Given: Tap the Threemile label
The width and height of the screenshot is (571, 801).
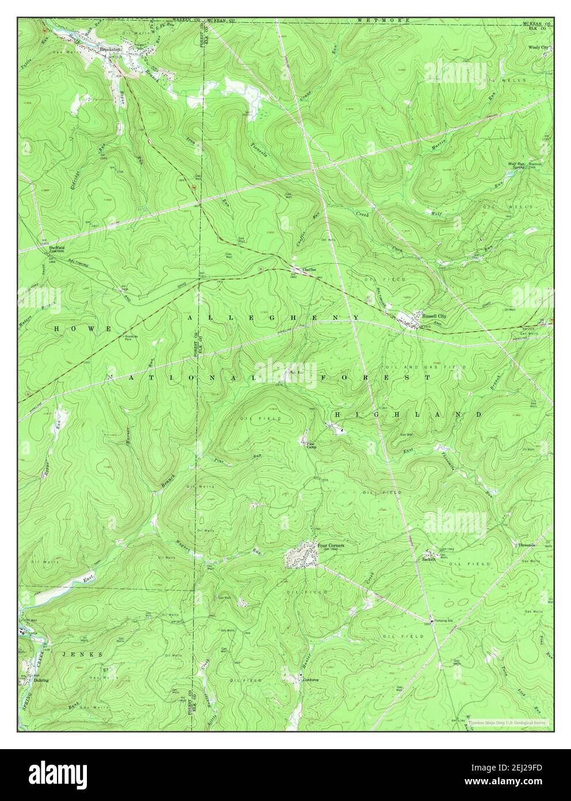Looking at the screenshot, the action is pyautogui.click(x=526, y=545).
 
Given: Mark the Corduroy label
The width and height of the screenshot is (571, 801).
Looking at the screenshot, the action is pyautogui.click(x=310, y=680).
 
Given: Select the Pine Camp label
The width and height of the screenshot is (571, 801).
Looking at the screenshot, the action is pyautogui.click(x=311, y=446).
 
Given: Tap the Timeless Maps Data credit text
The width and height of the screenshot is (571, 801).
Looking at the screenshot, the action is pyautogui.click(x=507, y=721).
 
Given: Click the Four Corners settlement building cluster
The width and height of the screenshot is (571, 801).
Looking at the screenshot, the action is pyautogui.click(x=301, y=556).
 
